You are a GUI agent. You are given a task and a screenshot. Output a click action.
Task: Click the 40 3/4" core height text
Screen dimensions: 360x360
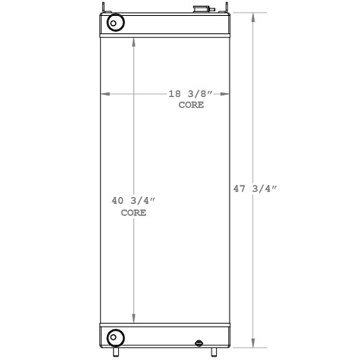(x=133, y=201)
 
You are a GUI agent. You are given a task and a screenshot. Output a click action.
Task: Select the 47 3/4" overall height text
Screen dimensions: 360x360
(x=255, y=190)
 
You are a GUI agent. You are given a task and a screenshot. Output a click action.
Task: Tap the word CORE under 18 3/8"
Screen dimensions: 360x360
(x=190, y=106)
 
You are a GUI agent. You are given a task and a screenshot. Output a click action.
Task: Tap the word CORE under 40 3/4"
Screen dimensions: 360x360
(x=133, y=213)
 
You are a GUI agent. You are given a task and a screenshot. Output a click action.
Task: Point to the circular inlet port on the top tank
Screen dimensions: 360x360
(x=114, y=23)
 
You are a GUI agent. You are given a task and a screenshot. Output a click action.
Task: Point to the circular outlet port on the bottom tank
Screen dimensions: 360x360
(x=114, y=337)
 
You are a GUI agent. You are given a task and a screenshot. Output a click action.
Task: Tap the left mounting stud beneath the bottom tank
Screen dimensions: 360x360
(x=117, y=352)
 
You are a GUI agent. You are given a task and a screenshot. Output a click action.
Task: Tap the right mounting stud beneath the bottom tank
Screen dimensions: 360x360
(x=214, y=352)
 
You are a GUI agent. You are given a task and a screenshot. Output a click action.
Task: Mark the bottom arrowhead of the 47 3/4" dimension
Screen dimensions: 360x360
(x=255, y=343)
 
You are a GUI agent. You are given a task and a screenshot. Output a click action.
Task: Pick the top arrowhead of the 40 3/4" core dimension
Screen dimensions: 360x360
(x=134, y=40)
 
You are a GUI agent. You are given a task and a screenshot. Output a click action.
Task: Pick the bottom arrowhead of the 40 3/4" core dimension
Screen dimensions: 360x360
(x=134, y=320)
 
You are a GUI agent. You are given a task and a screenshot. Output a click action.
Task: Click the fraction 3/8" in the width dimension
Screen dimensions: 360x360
(x=199, y=94)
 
